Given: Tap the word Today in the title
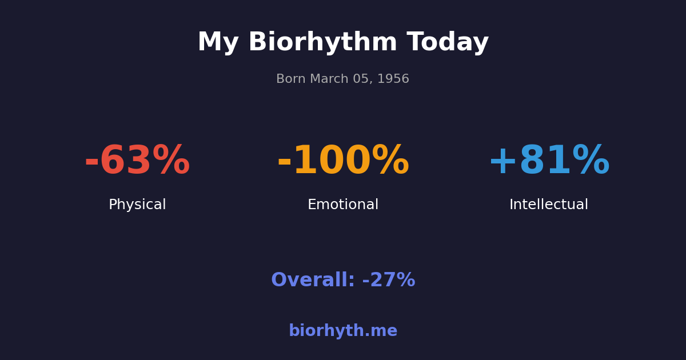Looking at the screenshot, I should [448, 43].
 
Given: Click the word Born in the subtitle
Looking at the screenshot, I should [290, 79].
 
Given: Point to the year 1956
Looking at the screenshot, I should [393, 79].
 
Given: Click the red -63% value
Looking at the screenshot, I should [137, 161].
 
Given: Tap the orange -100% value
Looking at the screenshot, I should [343, 161].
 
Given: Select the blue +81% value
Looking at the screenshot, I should [549, 161].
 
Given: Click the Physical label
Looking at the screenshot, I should [137, 205].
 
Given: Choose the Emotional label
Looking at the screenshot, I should [343, 205].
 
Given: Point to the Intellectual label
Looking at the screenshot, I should [549, 205].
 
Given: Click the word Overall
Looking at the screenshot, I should [312, 281].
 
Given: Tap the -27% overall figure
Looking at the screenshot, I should [389, 281].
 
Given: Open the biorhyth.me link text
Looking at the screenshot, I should [343, 331].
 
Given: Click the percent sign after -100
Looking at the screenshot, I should [390, 161].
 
